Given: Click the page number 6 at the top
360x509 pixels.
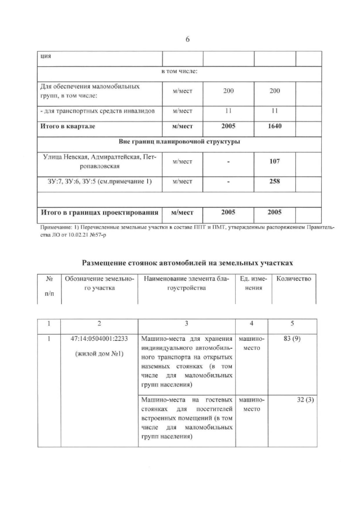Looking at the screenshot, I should click(x=188, y=39).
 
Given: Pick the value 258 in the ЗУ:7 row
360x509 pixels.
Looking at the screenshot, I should click(x=276, y=182).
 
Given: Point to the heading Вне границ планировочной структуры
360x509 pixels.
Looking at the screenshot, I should click(x=180, y=142).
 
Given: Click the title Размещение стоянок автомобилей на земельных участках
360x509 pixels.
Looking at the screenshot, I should click(x=188, y=262).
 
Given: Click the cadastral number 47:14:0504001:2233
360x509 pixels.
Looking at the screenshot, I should click(x=99, y=340).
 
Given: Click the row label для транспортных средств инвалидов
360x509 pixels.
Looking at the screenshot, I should click(x=98, y=110).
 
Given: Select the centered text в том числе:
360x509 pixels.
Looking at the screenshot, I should click(x=179, y=71).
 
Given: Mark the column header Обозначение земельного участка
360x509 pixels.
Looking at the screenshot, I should click(x=99, y=283).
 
